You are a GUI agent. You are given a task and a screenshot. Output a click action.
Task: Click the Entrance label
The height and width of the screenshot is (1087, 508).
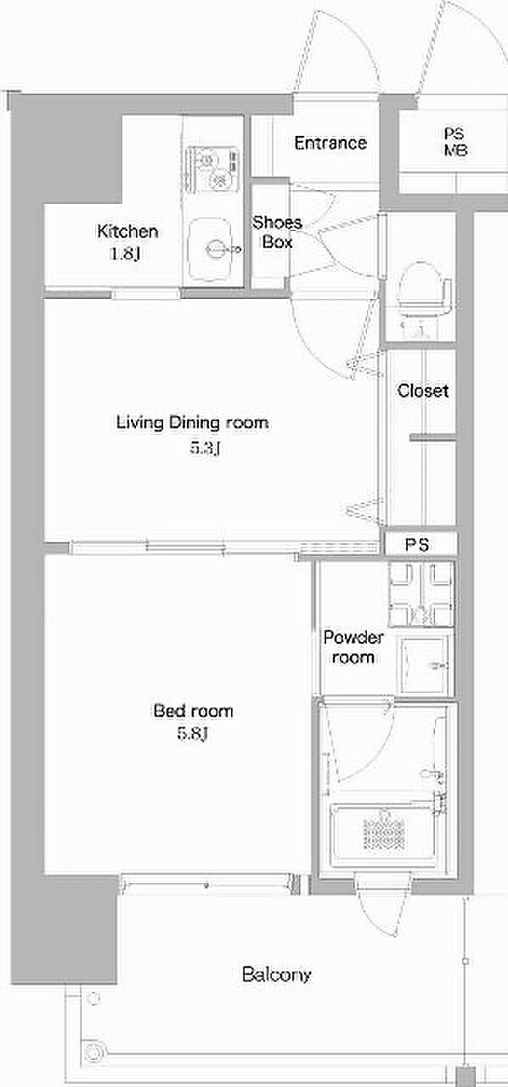pos(330,143)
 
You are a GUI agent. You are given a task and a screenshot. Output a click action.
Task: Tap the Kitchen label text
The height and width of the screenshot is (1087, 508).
pos(127,231)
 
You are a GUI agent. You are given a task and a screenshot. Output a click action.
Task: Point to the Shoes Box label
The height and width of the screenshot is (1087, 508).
pos(277,232)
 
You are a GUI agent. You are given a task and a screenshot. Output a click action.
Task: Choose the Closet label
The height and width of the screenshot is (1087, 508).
pos(422,391)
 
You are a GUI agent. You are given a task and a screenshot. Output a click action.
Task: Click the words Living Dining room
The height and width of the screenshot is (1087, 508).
pos(192,423)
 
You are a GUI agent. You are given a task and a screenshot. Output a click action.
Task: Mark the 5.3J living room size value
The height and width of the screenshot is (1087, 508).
pos(206,448)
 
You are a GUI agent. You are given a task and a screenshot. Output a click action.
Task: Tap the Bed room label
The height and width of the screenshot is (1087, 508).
pos(194,711)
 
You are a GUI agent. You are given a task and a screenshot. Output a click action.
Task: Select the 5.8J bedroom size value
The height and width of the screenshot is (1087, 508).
pos(193,733)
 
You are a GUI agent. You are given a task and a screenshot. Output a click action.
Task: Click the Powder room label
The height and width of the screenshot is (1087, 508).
pos(353,647)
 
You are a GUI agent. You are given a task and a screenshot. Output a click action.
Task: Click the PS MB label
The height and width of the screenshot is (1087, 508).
pos(455,142)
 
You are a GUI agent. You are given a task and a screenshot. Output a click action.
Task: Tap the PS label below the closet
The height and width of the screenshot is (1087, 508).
pos(417,544)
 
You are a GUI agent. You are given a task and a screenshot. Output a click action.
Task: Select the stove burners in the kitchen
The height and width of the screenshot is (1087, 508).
pos(212,168)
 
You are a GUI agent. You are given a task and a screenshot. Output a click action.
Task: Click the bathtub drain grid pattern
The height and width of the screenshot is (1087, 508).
pos(384,834)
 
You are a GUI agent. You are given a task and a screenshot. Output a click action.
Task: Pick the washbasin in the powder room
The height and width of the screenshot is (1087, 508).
pos(422,664)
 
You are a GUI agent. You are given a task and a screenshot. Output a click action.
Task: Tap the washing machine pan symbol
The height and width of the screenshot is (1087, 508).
pos(421,594)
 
